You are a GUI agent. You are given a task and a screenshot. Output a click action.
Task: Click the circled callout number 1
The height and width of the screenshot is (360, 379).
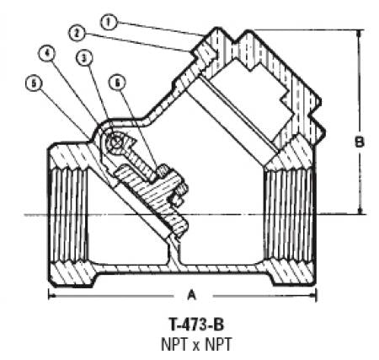point(109,23)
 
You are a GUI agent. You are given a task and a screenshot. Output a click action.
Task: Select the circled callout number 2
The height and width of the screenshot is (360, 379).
point(77,34)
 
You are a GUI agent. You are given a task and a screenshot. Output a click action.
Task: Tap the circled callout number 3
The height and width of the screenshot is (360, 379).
point(84,58)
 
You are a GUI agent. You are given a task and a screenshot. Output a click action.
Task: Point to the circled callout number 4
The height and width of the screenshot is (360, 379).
point(47,54)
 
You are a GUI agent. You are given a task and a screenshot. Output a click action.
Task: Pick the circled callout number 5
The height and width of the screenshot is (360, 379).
point(34,83)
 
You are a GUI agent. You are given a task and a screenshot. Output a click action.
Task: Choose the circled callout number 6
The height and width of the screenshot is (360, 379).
point(118,83)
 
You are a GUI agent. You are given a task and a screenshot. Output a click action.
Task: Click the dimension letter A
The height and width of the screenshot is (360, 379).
point(192,295)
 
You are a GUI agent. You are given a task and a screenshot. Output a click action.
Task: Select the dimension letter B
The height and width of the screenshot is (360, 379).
point(360,142)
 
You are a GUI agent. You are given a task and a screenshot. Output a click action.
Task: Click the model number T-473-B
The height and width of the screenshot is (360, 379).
point(196,325)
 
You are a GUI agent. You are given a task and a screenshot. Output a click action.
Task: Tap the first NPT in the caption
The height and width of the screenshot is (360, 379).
point(174,344)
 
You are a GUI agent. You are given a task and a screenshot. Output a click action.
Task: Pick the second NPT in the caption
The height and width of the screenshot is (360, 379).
point(218,344)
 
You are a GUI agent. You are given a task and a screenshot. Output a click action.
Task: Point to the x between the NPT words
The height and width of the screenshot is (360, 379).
point(196,346)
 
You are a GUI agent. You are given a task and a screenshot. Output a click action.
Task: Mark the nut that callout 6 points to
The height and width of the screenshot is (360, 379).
point(163,171)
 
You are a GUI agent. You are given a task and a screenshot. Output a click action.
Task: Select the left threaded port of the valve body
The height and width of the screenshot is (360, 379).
point(69,216)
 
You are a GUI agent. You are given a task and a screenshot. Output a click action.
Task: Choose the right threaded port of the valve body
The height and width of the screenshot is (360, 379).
point(289,216)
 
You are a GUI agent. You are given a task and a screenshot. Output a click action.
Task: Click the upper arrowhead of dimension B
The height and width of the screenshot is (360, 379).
point(359,33)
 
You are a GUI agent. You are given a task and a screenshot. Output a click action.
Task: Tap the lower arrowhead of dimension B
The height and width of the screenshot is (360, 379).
point(360,211)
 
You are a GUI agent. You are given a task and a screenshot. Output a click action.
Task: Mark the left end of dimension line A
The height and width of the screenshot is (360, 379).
point(49,296)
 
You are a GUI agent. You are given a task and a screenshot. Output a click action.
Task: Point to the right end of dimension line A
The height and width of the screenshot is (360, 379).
point(317,296)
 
